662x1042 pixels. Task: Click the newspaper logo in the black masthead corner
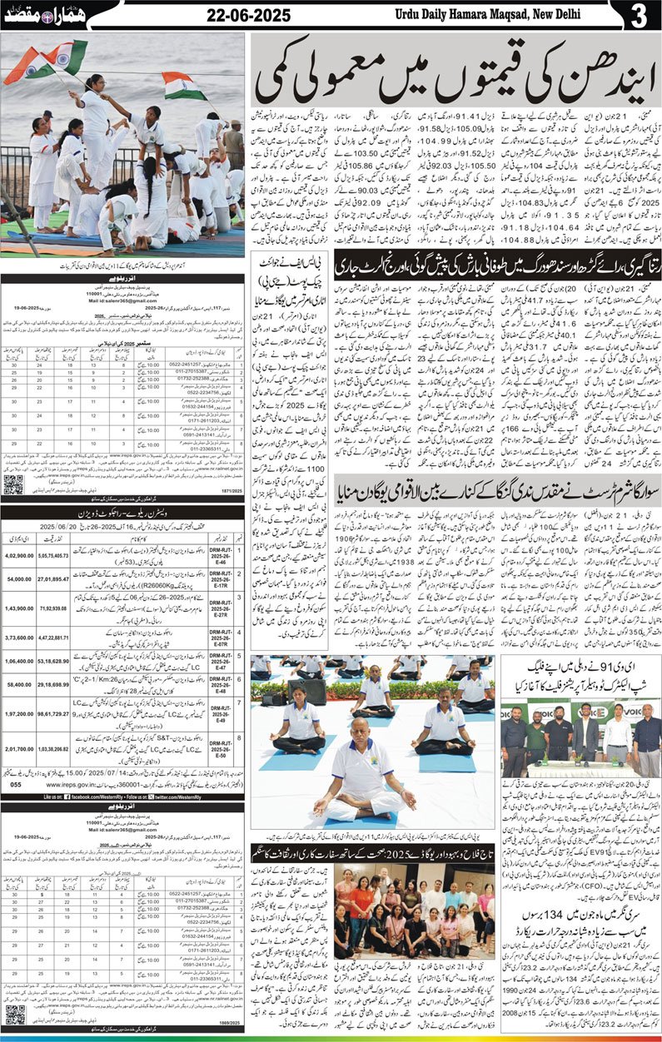tap(30, 16)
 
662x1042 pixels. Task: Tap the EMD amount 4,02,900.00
tap(22, 553)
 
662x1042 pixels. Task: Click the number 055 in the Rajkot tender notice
tap(15, 784)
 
